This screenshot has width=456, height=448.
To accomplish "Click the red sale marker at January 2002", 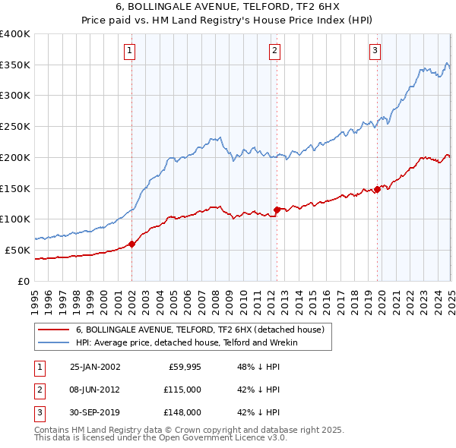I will click(x=132, y=244).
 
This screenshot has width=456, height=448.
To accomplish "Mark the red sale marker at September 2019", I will click(x=378, y=189).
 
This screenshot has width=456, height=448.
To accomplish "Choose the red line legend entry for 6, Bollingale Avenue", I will click(x=201, y=330).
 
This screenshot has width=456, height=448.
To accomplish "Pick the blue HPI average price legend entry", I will click(x=187, y=342).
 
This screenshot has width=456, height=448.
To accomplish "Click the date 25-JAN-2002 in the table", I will click(x=95, y=367).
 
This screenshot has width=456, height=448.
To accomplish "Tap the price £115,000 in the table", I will click(x=182, y=390).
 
